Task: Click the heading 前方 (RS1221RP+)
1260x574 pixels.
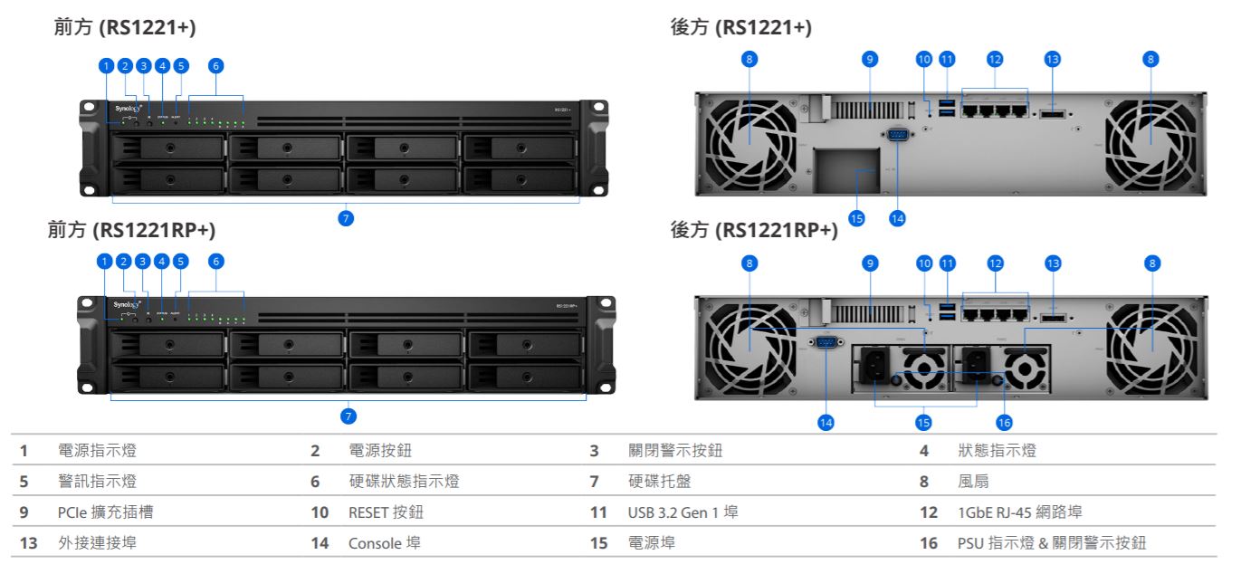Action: coord(131,231)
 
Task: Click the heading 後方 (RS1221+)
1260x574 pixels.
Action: coord(740,29)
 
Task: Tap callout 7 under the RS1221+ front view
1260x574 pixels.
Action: coord(345,218)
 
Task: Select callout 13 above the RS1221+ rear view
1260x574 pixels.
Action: coord(1052,60)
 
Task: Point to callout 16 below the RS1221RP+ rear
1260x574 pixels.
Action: coord(1003,422)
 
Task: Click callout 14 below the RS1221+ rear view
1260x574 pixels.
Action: coord(897,218)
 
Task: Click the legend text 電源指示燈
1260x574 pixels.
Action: coord(98,450)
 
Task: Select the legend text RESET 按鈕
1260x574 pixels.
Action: coord(386,512)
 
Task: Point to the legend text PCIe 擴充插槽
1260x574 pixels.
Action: coord(105,512)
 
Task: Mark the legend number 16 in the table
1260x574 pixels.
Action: coord(929,543)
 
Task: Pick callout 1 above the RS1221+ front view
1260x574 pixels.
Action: coord(106,65)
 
